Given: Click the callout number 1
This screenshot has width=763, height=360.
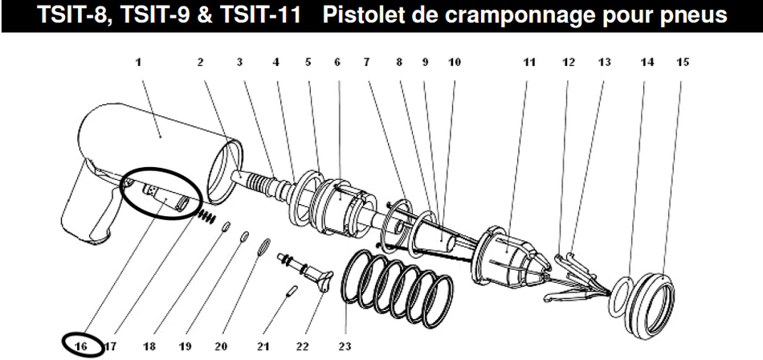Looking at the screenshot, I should pyautogui.click(x=140, y=61).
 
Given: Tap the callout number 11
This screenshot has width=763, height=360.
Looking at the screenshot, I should pyautogui.click(x=528, y=61).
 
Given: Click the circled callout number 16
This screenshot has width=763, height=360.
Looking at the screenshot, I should pyautogui.click(x=80, y=346).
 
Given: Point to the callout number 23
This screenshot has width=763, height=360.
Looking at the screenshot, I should pyautogui.click(x=345, y=346).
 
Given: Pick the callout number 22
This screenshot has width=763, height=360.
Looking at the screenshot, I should pyautogui.click(x=302, y=346).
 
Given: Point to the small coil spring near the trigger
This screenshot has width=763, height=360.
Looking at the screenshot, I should pyautogui.click(x=208, y=216).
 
